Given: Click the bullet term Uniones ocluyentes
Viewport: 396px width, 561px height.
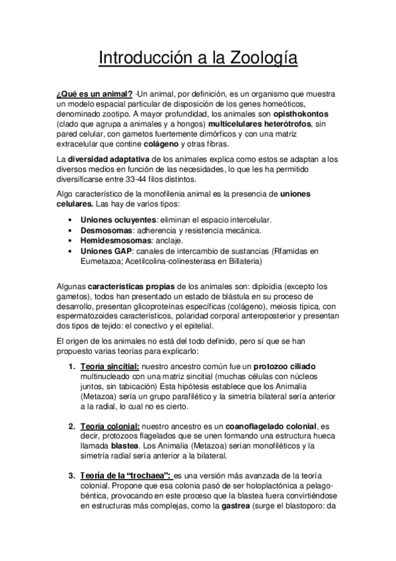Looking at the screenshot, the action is (116, 219).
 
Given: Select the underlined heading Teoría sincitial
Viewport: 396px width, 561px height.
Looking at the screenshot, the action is (110, 367).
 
